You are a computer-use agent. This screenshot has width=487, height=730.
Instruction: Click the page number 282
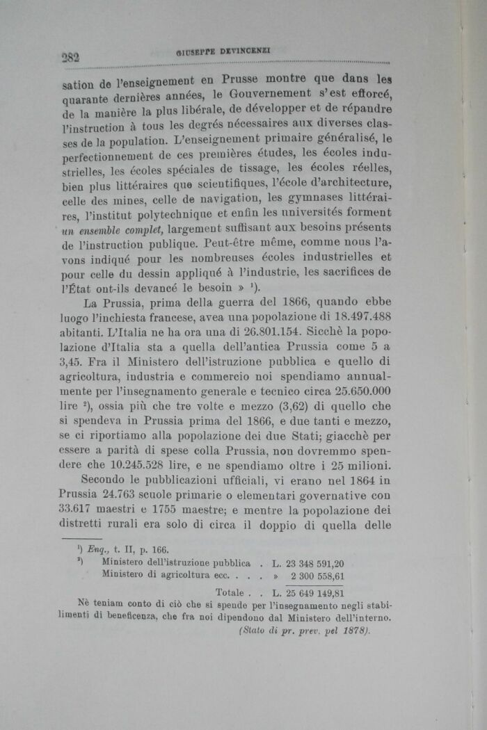pyautogui.click(x=70, y=58)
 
